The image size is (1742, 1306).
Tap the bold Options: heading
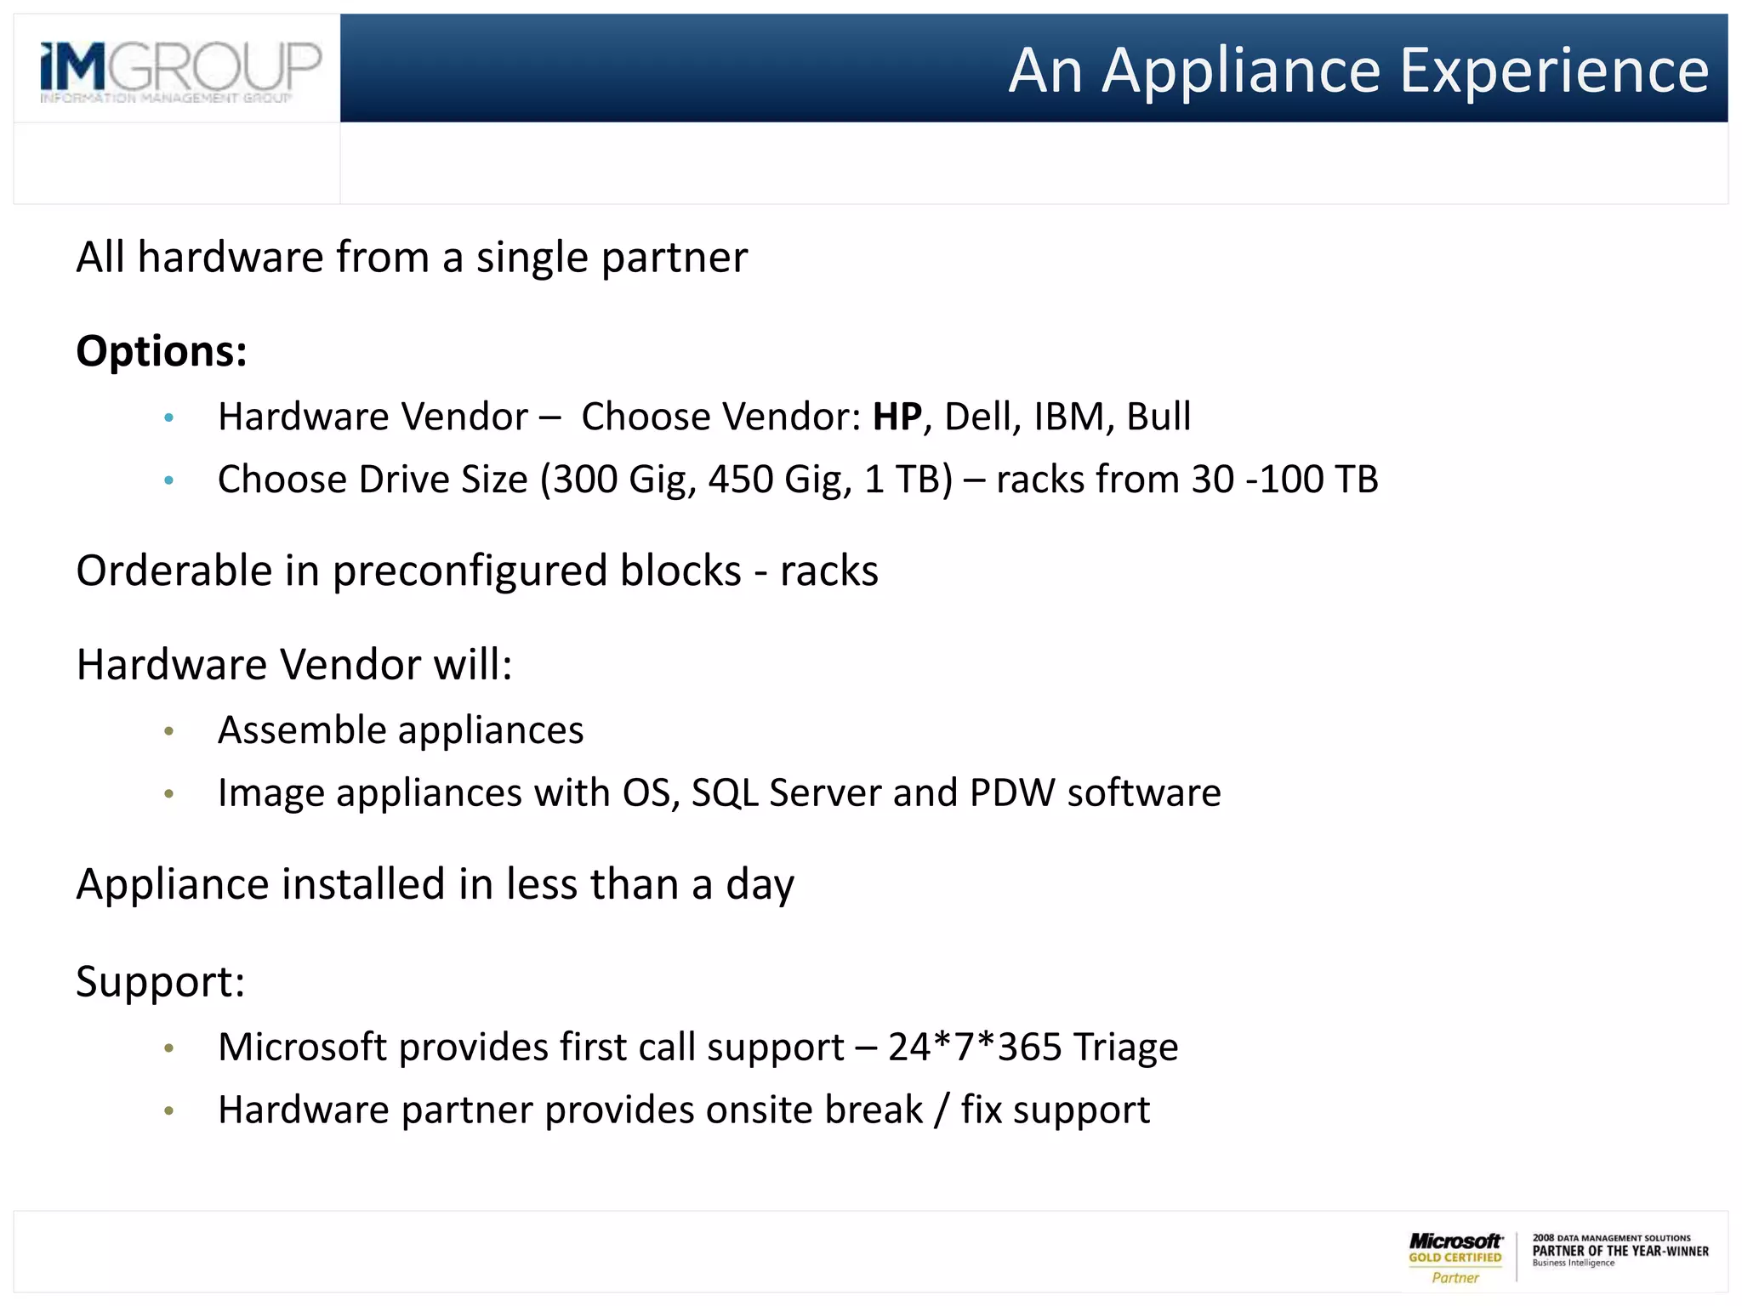click(162, 351)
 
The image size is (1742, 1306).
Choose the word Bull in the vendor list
click(1158, 417)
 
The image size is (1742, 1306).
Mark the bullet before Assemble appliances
click(169, 731)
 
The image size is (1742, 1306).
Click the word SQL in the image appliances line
click(725, 793)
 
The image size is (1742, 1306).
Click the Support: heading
click(161, 982)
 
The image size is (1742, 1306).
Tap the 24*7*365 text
click(975, 1048)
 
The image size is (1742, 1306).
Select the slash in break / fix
click(941, 1110)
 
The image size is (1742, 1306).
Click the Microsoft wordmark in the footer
click(1455, 1241)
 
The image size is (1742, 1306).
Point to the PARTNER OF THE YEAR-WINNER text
click(1620, 1251)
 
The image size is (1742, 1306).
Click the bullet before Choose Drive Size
click(169, 480)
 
